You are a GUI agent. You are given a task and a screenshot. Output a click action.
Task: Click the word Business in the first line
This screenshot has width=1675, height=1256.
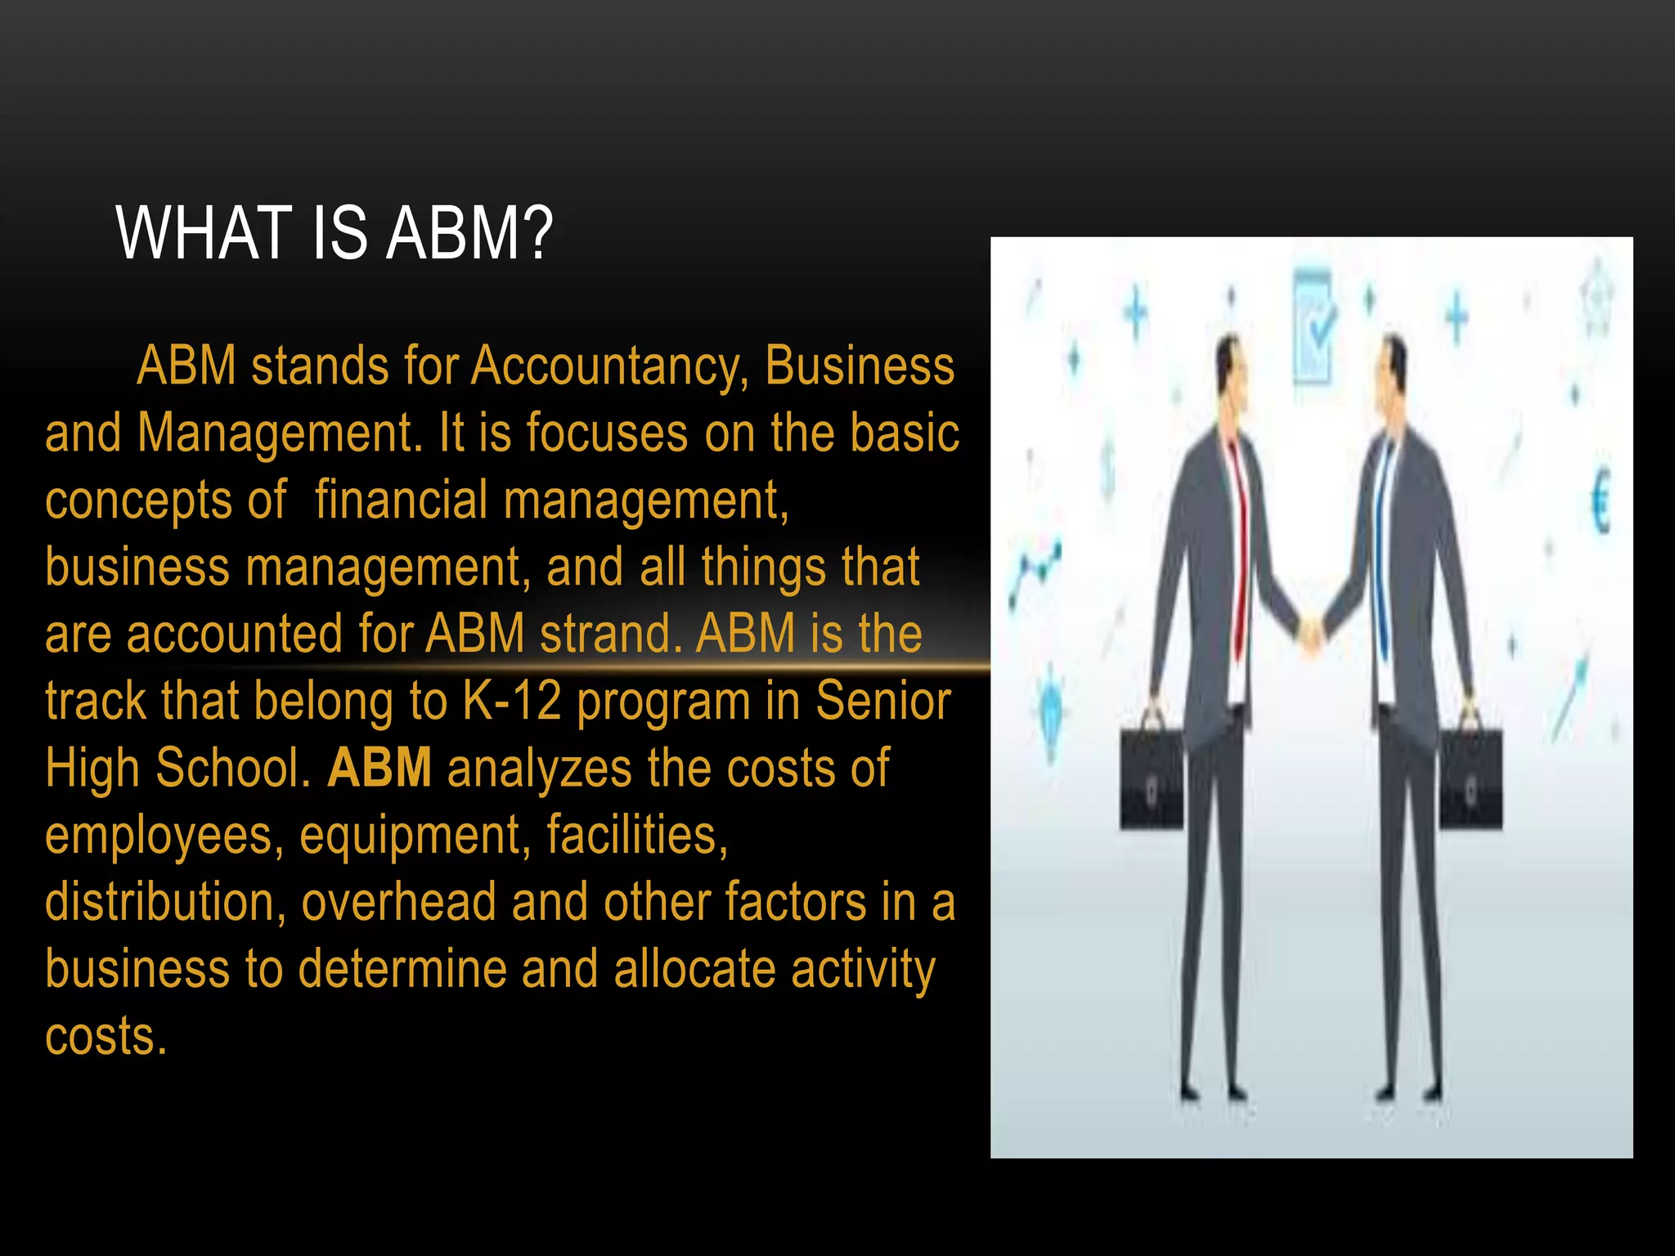tap(860, 366)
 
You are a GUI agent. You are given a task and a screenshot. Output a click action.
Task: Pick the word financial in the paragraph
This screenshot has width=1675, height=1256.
tap(401, 500)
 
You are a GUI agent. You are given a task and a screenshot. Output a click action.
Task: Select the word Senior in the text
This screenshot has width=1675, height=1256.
tap(883, 701)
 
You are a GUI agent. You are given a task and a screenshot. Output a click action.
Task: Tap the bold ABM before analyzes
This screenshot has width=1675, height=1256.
tap(379, 768)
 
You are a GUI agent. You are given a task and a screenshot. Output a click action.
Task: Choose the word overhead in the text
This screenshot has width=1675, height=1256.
tap(399, 902)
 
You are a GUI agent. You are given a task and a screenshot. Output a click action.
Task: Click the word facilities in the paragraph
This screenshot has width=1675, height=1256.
tap(637, 835)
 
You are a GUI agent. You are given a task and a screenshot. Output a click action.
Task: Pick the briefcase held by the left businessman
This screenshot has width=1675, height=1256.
tap(1152, 777)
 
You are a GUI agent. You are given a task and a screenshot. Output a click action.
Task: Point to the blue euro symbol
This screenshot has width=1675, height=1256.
tap(1601, 501)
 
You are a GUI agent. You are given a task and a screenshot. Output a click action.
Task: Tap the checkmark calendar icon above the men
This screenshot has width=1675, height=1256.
tap(1314, 327)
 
